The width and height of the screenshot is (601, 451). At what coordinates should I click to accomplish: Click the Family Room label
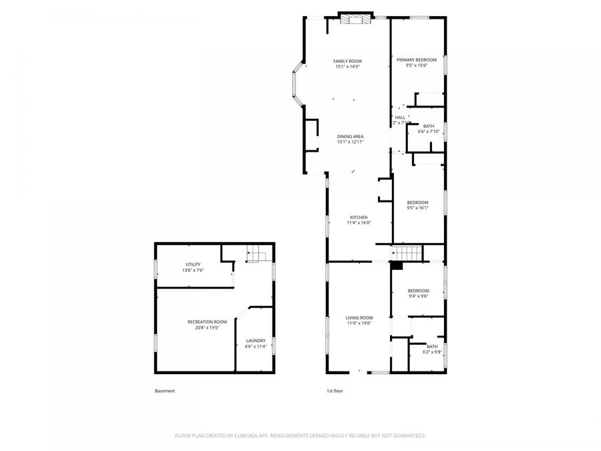[347, 61]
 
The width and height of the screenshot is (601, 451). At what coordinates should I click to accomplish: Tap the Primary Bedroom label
[417, 60]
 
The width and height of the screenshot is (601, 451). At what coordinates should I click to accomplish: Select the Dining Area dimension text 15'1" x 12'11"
[350, 142]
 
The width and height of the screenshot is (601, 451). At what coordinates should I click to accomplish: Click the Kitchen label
[359, 217]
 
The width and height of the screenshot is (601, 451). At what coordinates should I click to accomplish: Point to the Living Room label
[359, 317]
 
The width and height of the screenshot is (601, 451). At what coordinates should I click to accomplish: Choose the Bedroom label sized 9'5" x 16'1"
[417, 202]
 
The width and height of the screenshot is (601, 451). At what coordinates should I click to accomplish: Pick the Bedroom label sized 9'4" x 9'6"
[418, 291]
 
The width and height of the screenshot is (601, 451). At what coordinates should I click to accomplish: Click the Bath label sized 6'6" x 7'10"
[428, 126]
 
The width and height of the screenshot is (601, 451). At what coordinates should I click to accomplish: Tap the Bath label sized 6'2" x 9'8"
[432, 346]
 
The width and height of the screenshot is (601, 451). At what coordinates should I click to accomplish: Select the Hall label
[400, 117]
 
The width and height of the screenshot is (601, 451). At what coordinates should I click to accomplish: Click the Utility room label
[193, 265]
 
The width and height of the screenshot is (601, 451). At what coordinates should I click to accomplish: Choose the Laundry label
[256, 341]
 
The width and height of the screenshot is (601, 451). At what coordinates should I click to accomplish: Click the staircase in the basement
[257, 253]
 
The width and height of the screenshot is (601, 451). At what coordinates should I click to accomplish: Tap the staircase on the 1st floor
[407, 254]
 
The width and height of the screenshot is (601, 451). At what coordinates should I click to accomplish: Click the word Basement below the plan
[164, 391]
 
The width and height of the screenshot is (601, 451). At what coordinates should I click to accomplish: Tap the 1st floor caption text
[335, 391]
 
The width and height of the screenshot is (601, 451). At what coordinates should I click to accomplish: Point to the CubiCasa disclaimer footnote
[300, 436]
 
